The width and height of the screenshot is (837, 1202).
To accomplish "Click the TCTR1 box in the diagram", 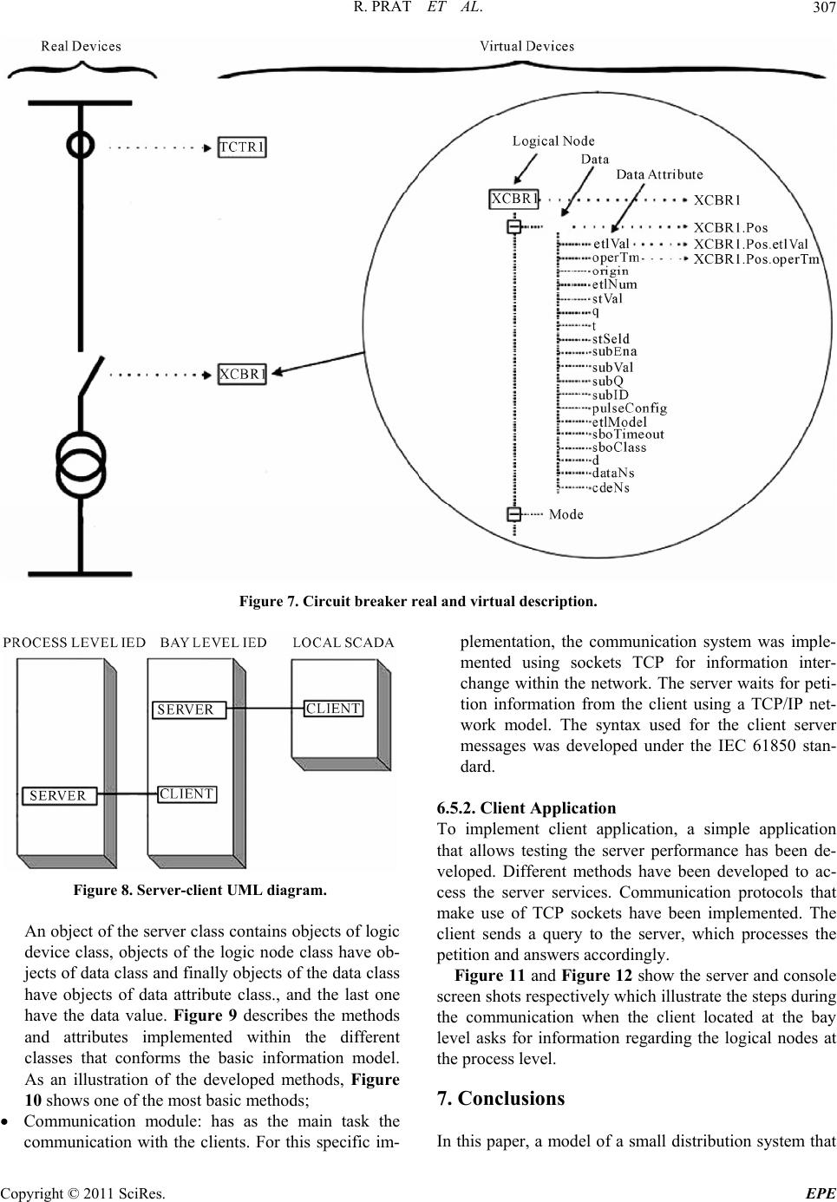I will pos(242,147).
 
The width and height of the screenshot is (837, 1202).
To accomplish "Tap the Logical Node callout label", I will pos(553,140).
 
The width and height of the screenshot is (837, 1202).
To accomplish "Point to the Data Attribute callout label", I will pos(659,174).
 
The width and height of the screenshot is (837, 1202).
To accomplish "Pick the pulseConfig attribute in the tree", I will pos(629,408).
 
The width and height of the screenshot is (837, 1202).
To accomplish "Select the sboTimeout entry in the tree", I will pos(628,434).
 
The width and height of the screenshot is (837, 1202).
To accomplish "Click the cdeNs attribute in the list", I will pos(611,487).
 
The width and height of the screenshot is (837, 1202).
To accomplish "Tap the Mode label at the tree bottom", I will pos(566,514).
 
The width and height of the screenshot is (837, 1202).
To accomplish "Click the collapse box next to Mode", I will pos(513,514).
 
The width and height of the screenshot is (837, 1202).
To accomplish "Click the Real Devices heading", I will pos(82,46).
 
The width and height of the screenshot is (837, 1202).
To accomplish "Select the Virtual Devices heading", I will pos(527,46).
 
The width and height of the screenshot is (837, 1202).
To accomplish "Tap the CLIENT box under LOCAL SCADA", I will pos(334,709).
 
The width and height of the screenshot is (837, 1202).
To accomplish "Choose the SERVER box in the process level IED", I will pos(58,795).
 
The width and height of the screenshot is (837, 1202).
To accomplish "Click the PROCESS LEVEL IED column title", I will pos(75,643).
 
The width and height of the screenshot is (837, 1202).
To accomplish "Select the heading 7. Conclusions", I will pos(501,1098).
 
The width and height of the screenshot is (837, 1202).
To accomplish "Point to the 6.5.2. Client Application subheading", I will pos(527,807).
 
